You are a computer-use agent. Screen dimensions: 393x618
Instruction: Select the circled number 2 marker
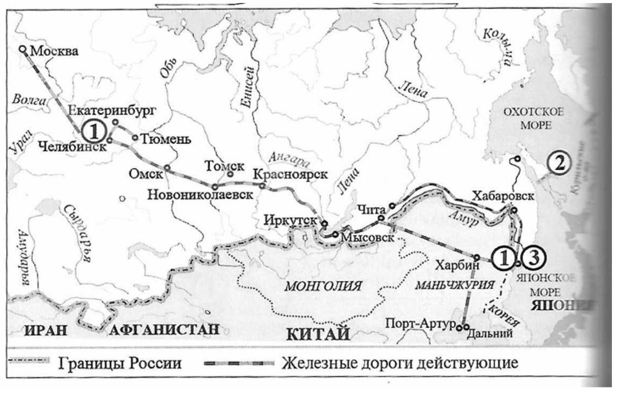pos(556,163)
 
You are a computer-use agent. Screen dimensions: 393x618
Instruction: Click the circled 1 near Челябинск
pos(94,130)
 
